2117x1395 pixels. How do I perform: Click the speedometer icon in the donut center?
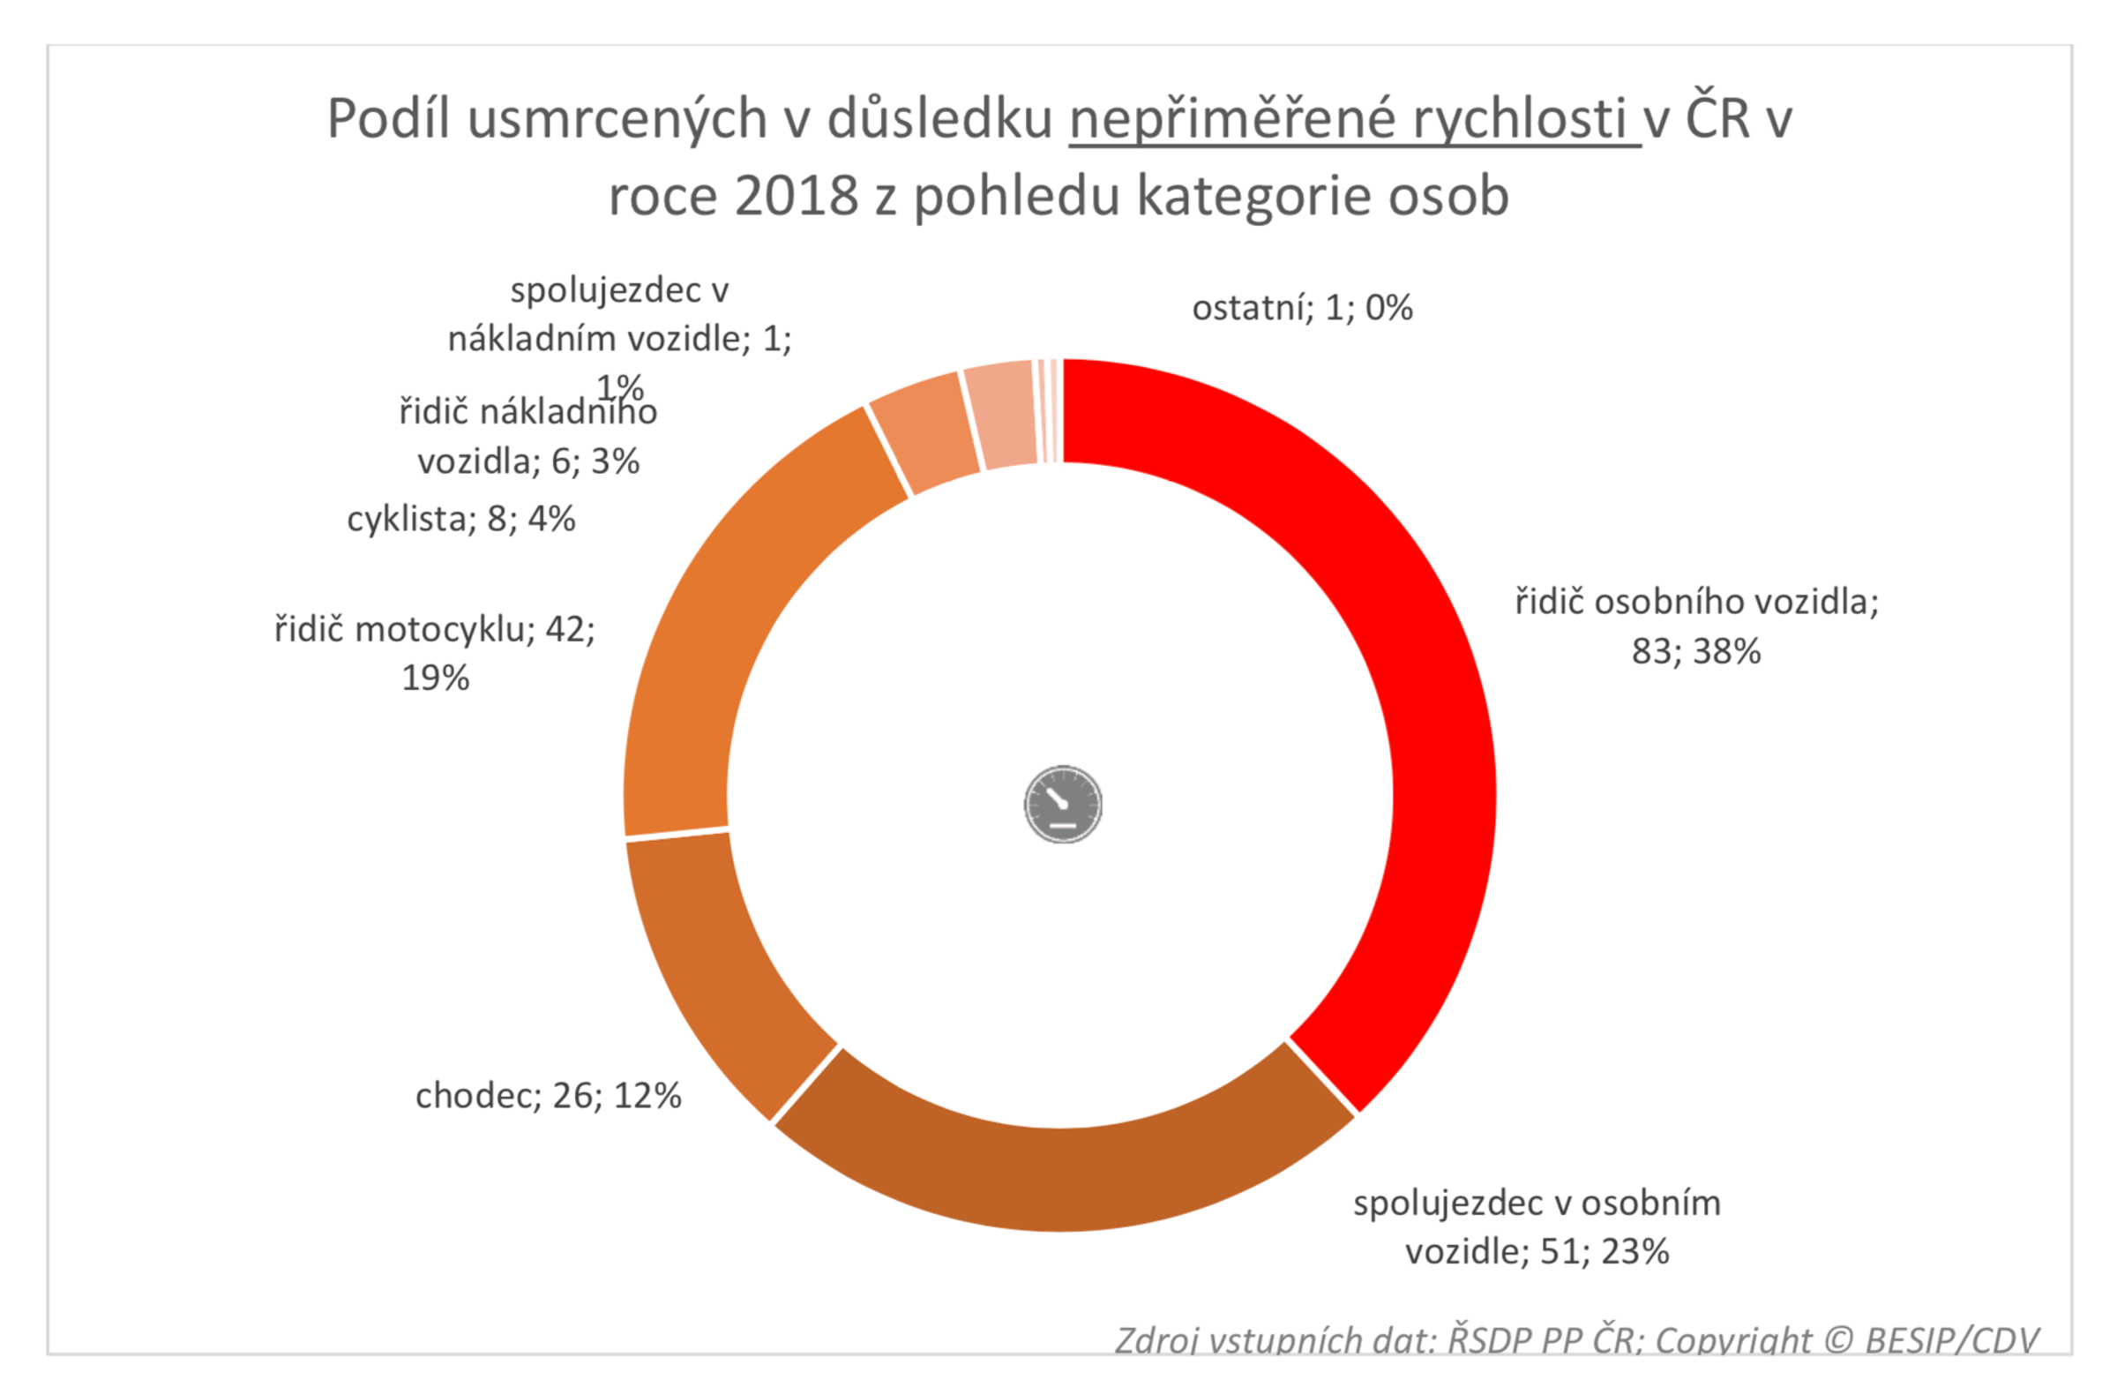pos(1063,803)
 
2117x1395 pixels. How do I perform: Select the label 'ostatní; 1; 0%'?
pos(1301,308)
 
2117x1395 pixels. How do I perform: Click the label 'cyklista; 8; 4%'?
pos(460,519)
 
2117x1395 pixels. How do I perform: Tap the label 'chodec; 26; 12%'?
pos(548,1095)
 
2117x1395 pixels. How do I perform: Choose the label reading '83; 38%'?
pos(1695,651)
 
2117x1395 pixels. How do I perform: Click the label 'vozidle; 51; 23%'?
pos(1537,1251)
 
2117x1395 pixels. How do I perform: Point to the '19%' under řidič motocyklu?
pos(435,678)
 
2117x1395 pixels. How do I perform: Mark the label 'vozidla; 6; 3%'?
pos(528,461)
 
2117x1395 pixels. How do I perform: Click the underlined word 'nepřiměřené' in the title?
pos(1232,118)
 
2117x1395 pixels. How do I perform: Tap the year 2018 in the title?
pos(797,196)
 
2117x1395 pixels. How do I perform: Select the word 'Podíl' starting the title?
pos(389,118)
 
